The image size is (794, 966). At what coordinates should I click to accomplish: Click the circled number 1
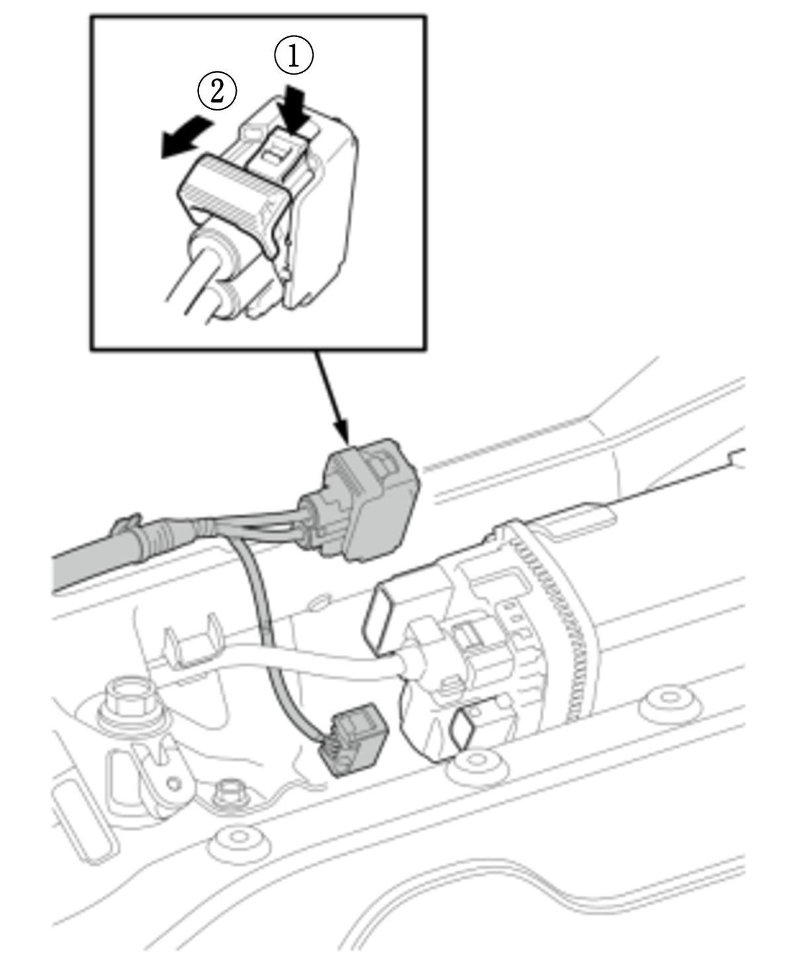coord(294,56)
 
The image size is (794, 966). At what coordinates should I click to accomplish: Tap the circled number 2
coord(217,91)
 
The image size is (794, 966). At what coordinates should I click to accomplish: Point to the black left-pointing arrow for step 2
coord(187,136)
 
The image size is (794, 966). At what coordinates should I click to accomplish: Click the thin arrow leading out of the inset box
coord(332,398)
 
